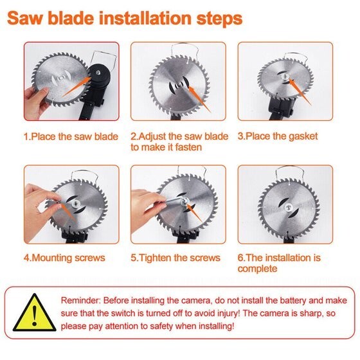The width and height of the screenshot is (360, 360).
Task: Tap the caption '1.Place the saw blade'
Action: pos(71,136)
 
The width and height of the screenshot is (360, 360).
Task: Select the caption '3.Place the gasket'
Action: pos(278,136)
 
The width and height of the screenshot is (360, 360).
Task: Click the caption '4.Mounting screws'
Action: pos(65,258)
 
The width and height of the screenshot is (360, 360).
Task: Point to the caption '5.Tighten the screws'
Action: pos(175,258)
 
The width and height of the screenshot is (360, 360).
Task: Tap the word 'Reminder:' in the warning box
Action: pos(82,301)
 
